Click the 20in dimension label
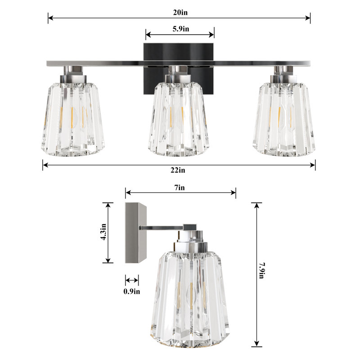tap(180, 12)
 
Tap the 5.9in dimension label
tap(181, 29)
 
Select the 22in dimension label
tap(178, 170)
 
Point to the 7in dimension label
tap(179, 188)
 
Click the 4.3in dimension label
tap(103, 232)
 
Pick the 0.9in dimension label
tap(131, 291)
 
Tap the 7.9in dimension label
tap(261, 270)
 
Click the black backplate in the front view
tap(179, 69)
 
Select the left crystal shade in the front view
tap(73, 119)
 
